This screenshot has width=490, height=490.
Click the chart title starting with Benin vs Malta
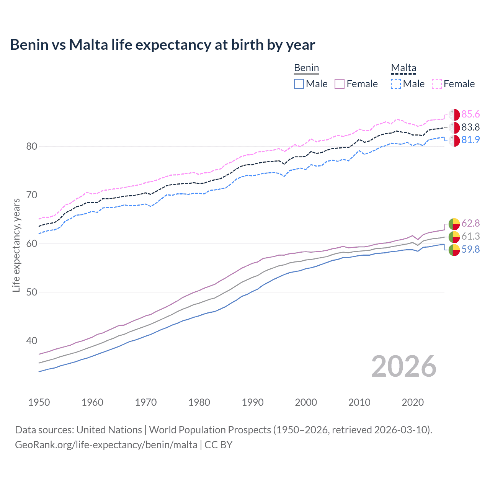click(162, 45)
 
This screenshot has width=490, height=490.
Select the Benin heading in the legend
click(306, 68)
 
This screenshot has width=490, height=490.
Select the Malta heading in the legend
click(403, 68)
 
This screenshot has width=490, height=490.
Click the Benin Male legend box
click(299, 84)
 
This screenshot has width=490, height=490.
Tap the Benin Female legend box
click(340, 84)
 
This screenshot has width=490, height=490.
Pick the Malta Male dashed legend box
click(396, 84)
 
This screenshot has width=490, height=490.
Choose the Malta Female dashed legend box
click(437, 84)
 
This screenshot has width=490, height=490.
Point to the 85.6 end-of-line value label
click(470, 114)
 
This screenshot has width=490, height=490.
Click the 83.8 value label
click(470, 127)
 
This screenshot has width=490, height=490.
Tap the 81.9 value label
click(470, 140)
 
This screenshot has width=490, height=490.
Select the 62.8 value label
click(470, 223)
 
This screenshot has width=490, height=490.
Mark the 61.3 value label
click(470, 236)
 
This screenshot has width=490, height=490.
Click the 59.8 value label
click(470, 249)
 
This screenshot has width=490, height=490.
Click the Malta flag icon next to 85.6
click(454, 115)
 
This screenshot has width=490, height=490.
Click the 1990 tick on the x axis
click(253, 402)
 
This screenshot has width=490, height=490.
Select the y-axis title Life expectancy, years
click(16, 245)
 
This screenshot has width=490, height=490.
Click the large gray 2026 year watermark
click(403, 366)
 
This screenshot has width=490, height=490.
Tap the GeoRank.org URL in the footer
click(106, 445)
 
